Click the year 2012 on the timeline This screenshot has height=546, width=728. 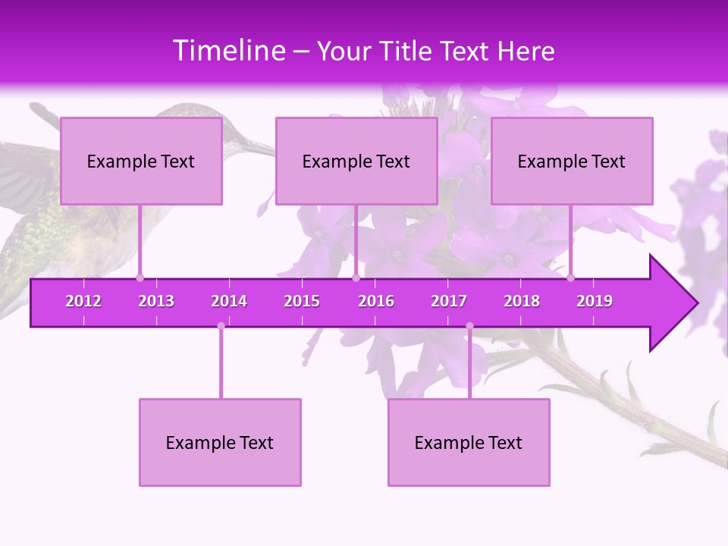pos(83,301)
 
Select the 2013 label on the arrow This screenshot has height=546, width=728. pos(156,301)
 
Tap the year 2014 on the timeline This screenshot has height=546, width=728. pos(229,301)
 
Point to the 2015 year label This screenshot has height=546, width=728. pos(302,301)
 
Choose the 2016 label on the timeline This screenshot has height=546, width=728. pos(376,301)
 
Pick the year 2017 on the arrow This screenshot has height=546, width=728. pos(449,301)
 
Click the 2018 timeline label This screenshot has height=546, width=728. pos(522,301)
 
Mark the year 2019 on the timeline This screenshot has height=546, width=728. pos(595,301)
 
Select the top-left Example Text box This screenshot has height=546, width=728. pos(141,161)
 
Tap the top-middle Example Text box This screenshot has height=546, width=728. pos(356,161)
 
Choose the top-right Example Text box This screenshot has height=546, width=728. pos(572,161)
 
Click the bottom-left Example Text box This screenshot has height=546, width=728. pos(220,442)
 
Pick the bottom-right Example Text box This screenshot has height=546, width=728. pos(469,442)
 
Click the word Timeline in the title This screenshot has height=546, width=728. pos(228,51)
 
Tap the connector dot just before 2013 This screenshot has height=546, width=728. pos(140,278)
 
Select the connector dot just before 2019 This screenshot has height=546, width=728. pos(570,278)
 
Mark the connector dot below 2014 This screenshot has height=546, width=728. pos(221,325)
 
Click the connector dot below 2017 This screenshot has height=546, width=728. pos(469,325)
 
